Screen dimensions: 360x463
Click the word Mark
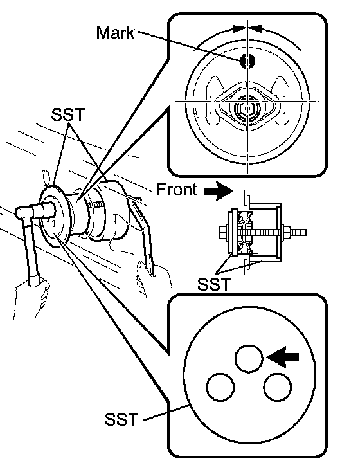[x=115, y=33]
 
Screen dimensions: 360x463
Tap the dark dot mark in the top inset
[x=248, y=61]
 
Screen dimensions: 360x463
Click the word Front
[x=177, y=189]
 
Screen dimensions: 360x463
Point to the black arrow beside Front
[x=219, y=191]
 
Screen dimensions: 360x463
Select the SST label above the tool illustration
[x=68, y=114]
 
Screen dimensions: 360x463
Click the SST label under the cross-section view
[x=213, y=284]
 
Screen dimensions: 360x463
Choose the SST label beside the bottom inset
[x=122, y=419]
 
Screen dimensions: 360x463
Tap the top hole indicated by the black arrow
[x=249, y=358]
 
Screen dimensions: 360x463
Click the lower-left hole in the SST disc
[x=220, y=387]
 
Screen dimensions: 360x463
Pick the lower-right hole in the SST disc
[x=277, y=387]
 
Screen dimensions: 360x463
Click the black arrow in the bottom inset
[x=283, y=358]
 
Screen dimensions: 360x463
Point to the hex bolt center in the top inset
[x=248, y=109]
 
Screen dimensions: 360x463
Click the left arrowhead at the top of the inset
[x=239, y=29]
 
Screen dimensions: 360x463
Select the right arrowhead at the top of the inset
[x=256, y=29]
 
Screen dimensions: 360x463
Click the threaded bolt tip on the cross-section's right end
[x=299, y=232]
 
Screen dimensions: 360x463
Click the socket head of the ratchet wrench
[x=44, y=210]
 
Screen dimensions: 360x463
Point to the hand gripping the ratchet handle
[x=30, y=298]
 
